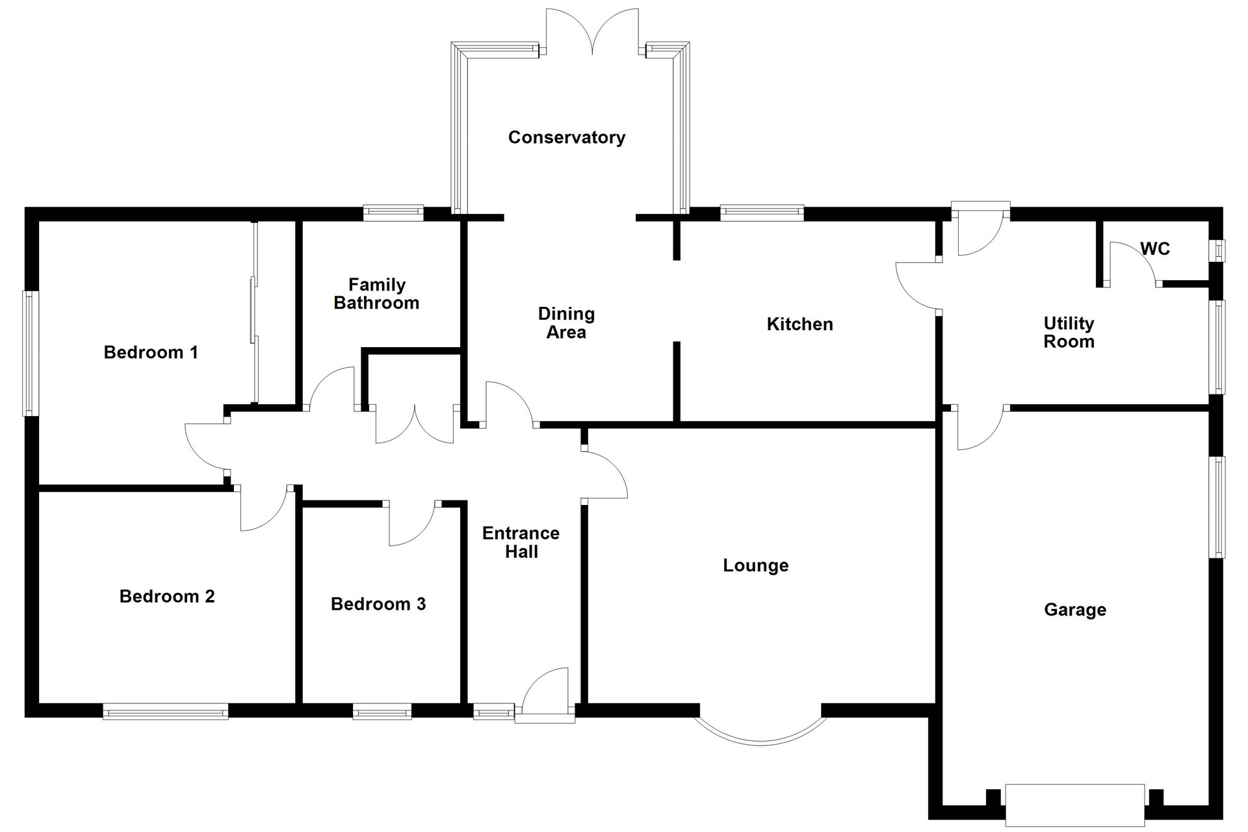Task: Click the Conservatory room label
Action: (x=566, y=137)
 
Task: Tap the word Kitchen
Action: (x=799, y=324)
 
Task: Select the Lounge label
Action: (x=755, y=565)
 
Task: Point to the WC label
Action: (x=1155, y=248)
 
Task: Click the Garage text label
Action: (x=1075, y=610)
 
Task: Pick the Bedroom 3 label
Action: (x=378, y=604)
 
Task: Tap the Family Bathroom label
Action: (x=376, y=294)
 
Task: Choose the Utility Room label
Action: (x=1069, y=332)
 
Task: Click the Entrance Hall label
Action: (x=521, y=542)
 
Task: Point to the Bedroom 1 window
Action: (x=31, y=353)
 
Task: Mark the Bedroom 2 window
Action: (x=166, y=712)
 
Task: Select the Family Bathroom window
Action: (x=393, y=213)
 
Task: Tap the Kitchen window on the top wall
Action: (x=762, y=213)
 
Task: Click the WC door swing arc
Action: (x=1134, y=257)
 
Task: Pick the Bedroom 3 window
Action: (x=382, y=712)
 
